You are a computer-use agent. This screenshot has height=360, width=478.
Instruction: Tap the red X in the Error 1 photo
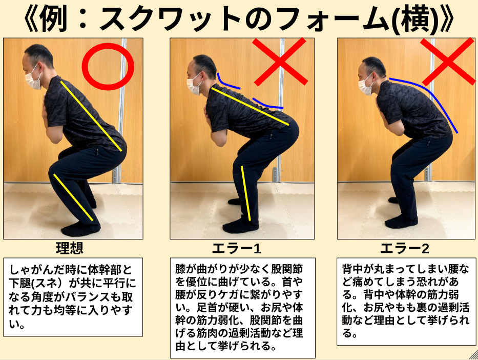(280, 62)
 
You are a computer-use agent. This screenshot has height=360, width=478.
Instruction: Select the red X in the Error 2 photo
(448, 61)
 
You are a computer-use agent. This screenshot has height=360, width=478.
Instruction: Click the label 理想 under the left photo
(70, 248)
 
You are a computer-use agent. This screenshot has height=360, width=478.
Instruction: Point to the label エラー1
(237, 249)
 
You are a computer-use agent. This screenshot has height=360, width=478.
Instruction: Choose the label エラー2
(405, 249)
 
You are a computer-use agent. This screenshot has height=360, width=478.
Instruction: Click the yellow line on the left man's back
(91, 116)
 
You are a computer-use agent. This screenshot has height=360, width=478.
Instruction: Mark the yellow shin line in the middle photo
(246, 193)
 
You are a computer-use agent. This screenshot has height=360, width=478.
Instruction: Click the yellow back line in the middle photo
(250, 106)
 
